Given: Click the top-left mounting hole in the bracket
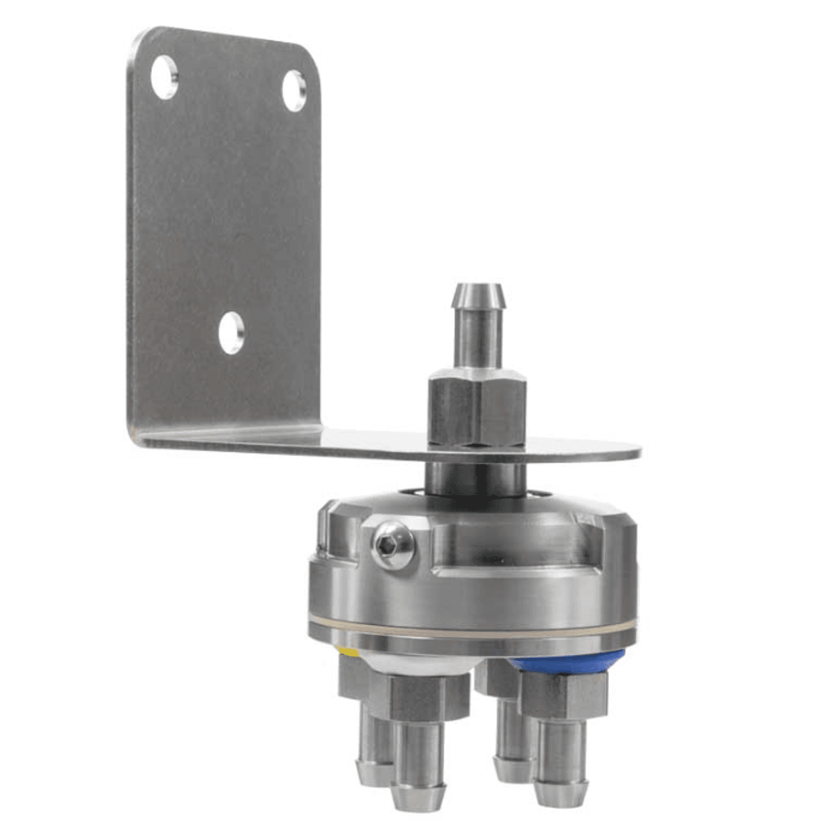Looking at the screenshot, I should [x=164, y=77].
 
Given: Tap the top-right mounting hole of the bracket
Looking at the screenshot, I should [x=294, y=90].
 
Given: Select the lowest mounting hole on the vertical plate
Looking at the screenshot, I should [x=231, y=332].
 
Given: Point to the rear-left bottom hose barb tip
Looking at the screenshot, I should [x=372, y=770].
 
